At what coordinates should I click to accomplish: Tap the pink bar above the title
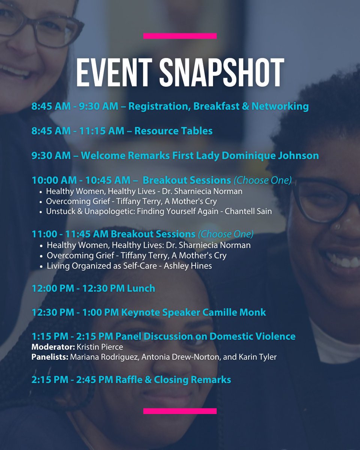coord(180,36)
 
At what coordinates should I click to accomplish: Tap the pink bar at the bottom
coord(180,411)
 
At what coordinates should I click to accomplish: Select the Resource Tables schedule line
coord(122,131)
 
